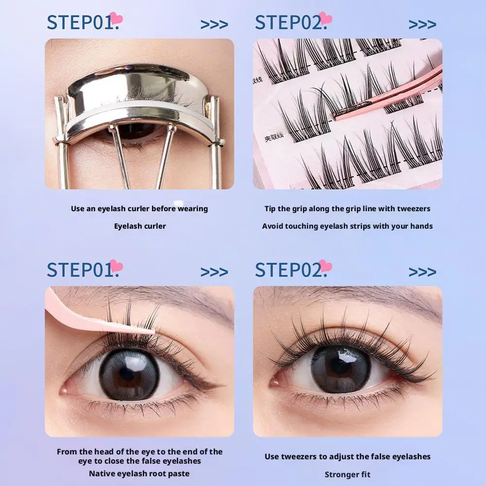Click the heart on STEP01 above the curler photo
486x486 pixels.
[116, 18]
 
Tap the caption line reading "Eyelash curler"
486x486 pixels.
[140, 226]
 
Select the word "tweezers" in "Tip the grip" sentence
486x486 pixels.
[412, 209]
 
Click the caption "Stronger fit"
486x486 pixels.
[347, 474]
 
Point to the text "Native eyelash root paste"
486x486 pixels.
[139, 473]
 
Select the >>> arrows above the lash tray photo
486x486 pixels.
[422, 24]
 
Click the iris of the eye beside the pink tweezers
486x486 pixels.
[130, 374]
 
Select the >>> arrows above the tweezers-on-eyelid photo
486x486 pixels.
[214, 272]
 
